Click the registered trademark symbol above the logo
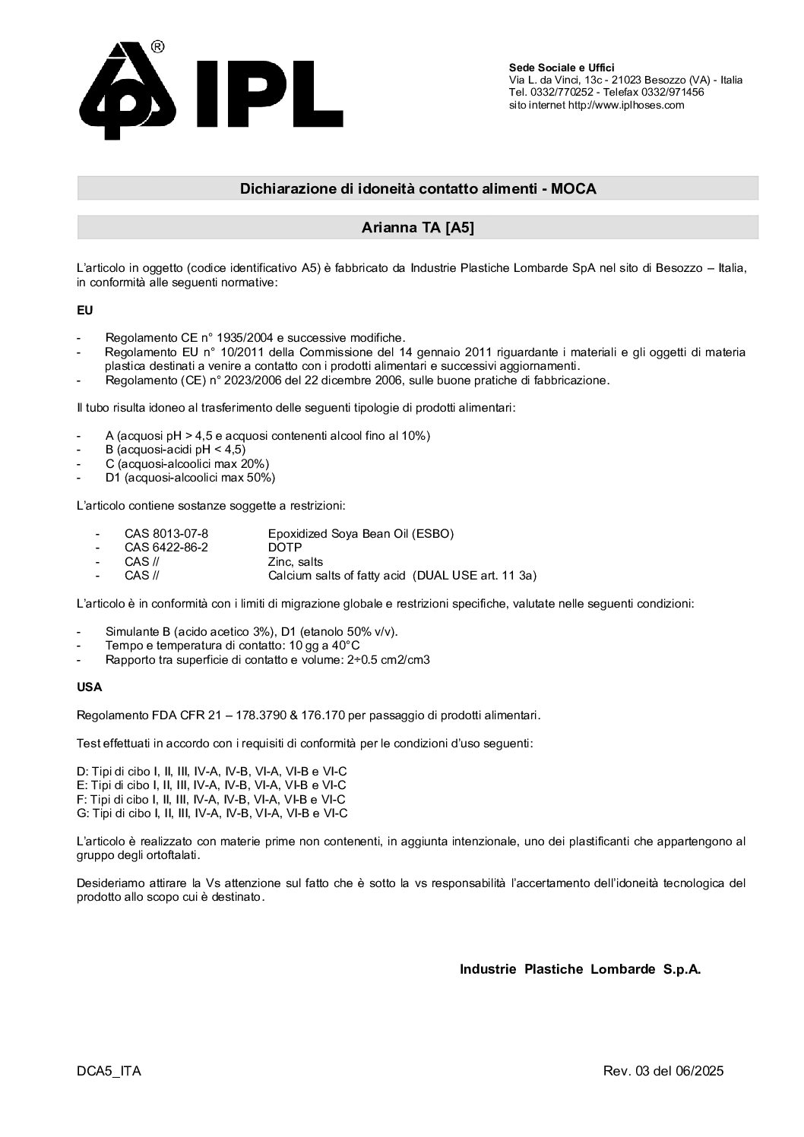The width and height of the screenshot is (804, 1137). pos(158,47)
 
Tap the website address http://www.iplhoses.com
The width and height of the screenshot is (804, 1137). pos(626,106)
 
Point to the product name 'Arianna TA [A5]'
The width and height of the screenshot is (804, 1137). pos(418,228)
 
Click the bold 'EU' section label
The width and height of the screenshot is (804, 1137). pos(84,310)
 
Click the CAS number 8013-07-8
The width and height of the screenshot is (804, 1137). pos(166,533)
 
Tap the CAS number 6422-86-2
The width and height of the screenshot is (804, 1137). pos(166,547)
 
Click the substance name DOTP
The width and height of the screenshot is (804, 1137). pos(285,547)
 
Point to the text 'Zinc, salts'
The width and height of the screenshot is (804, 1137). pos(296,561)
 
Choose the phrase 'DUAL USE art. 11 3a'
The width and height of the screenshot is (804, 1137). pos(474,576)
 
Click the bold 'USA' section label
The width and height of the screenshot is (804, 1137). pos(90,687)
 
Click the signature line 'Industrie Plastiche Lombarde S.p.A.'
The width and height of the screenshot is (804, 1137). pos(580,969)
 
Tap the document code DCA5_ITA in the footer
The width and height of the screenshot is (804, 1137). pos(109,1072)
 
